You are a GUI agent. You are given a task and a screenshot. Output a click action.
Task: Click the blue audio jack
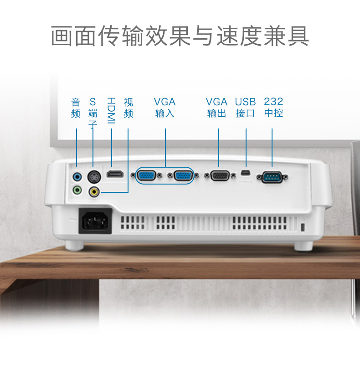(77, 177)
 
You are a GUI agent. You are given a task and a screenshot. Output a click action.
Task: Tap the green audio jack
(77, 190)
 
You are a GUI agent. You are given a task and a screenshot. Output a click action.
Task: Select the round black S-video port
(94, 177)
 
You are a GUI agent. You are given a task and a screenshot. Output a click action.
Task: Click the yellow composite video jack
(94, 192)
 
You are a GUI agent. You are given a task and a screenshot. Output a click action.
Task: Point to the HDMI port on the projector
(115, 174)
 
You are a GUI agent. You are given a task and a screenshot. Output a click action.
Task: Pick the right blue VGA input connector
(184, 175)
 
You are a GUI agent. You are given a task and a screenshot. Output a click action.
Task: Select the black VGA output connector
(220, 176)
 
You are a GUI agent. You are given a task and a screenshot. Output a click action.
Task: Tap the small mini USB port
(246, 173)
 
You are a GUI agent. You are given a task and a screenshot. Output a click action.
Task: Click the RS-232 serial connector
(272, 177)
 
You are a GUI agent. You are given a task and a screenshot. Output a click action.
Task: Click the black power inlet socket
(95, 221)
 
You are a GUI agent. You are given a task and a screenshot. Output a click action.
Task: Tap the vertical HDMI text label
(111, 111)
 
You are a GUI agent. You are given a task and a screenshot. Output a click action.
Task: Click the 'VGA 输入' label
(165, 108)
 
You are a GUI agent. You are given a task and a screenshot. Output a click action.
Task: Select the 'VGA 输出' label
(216, 108)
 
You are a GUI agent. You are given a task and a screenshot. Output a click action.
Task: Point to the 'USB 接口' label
(245, 108)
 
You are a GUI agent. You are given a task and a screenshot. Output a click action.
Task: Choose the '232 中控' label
(273, 108)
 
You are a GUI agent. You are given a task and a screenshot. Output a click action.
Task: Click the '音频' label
(76, 108)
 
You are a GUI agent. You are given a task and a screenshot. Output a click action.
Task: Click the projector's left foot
(74, 246)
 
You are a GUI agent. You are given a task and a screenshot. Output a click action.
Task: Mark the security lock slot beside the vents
(302, 227)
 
